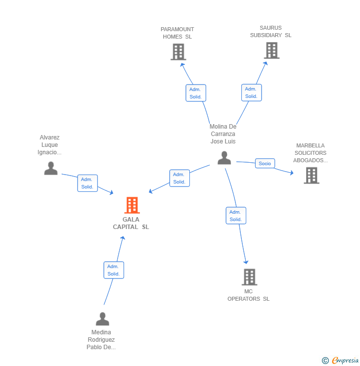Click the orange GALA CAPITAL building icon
[x=132, y=205]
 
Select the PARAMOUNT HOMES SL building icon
[x=178, y=52]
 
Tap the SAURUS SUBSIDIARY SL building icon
[x=271, y=50]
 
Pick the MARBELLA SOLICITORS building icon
[x=311, y=175]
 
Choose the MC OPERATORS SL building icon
[x=249, y=277]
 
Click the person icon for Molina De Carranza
[x=224, y=158]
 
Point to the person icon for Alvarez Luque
[x=50, y=168]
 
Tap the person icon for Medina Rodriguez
[x=102, y=319]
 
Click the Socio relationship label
[x=265, y=163]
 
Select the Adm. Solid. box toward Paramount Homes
[x=196, y=93]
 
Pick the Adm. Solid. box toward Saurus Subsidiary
[x=251, y=92]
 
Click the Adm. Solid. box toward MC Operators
[x=236, y=216]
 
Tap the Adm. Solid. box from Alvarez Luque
[x=88, y=183]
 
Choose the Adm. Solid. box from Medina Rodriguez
[x=114, y=270]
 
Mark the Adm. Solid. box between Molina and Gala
[x=180, y=178]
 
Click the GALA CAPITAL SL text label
[x=131, y=223]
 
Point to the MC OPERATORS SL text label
[x=248, y=295]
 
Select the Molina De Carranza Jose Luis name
[x=223, y=134]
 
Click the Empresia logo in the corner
[x=341, y=360]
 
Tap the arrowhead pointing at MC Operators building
[x=246, y=262]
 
